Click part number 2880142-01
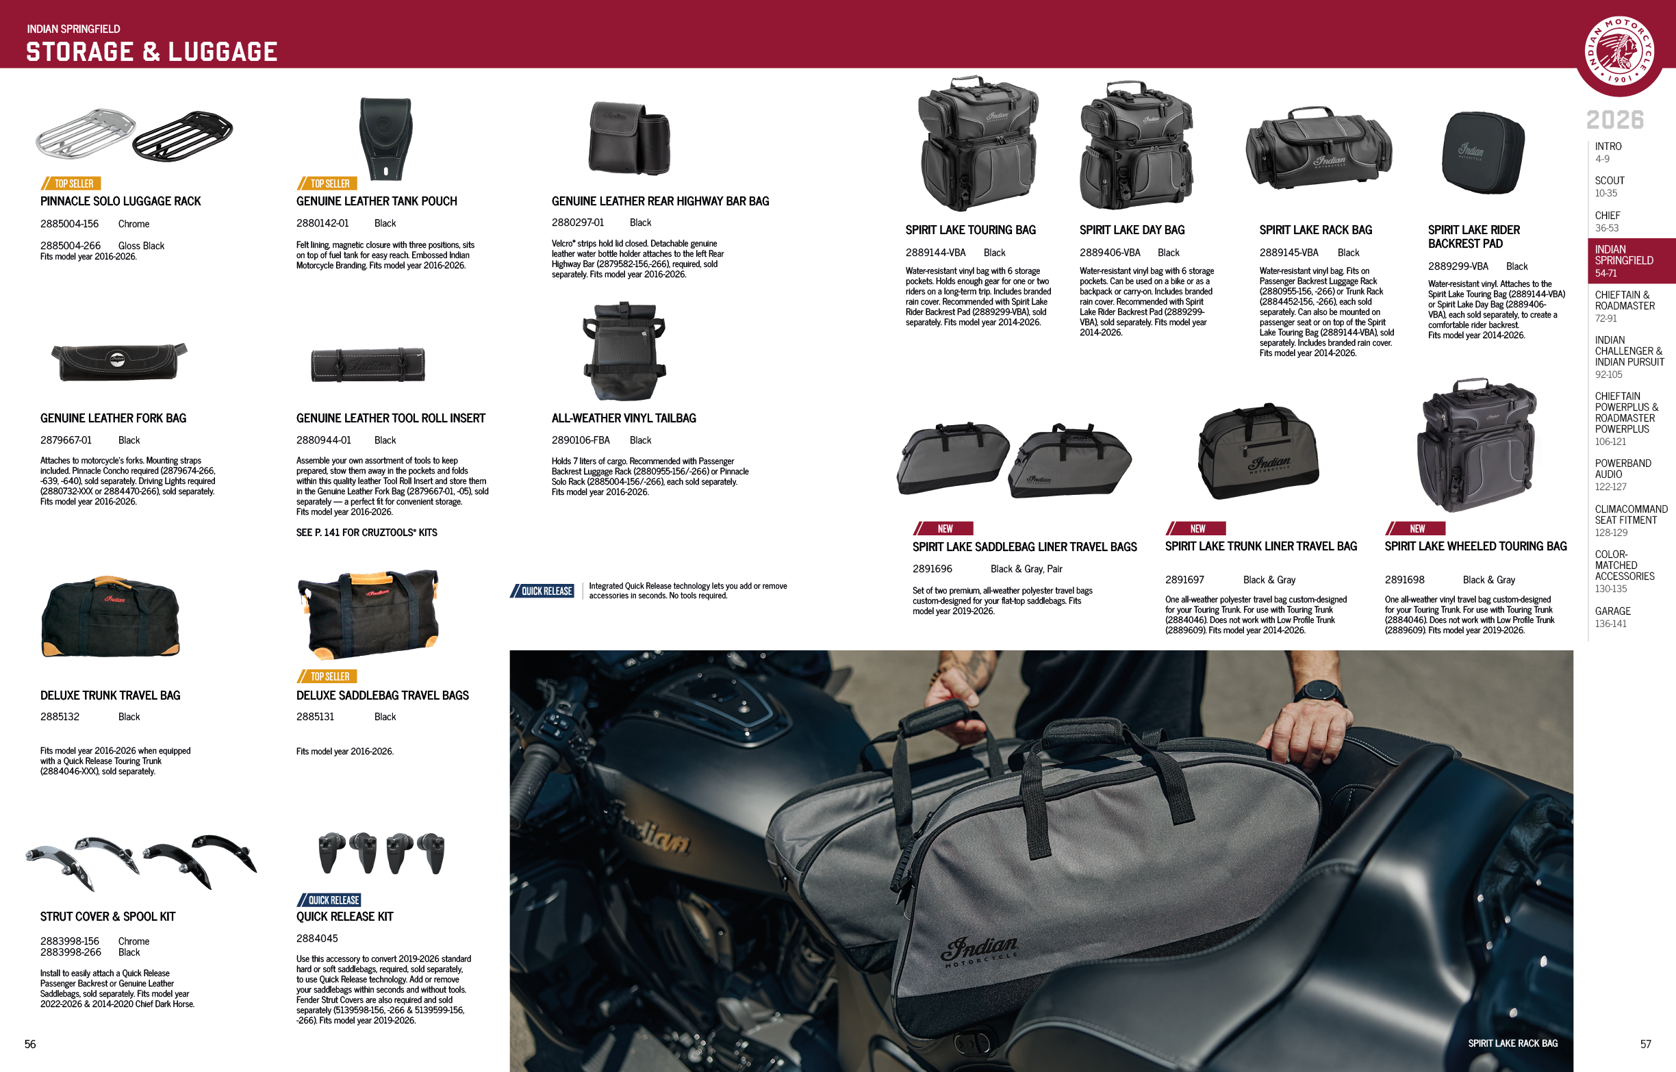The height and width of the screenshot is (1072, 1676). [322, 223]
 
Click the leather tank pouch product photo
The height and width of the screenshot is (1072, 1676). [385, 138]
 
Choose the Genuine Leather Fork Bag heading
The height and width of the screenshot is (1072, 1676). [114, 418]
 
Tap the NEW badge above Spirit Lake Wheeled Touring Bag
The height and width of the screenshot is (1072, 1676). [1417, 529]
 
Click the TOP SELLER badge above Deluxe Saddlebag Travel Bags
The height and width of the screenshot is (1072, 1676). [329, 676]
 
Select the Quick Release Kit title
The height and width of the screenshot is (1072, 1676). [344, 917]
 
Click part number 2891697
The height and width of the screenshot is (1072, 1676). [1184, 580]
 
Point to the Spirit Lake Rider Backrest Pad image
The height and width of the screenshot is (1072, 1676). [1482, 152]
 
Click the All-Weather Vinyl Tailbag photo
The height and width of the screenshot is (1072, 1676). [624, 351]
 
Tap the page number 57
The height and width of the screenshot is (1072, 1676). [1645, 1044]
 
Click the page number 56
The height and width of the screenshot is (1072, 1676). [30, 1044]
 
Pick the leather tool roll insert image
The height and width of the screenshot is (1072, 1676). [368, 364]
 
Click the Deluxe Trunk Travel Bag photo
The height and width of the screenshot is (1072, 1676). [111, 617]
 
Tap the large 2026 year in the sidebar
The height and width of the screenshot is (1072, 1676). [1615, 120]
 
